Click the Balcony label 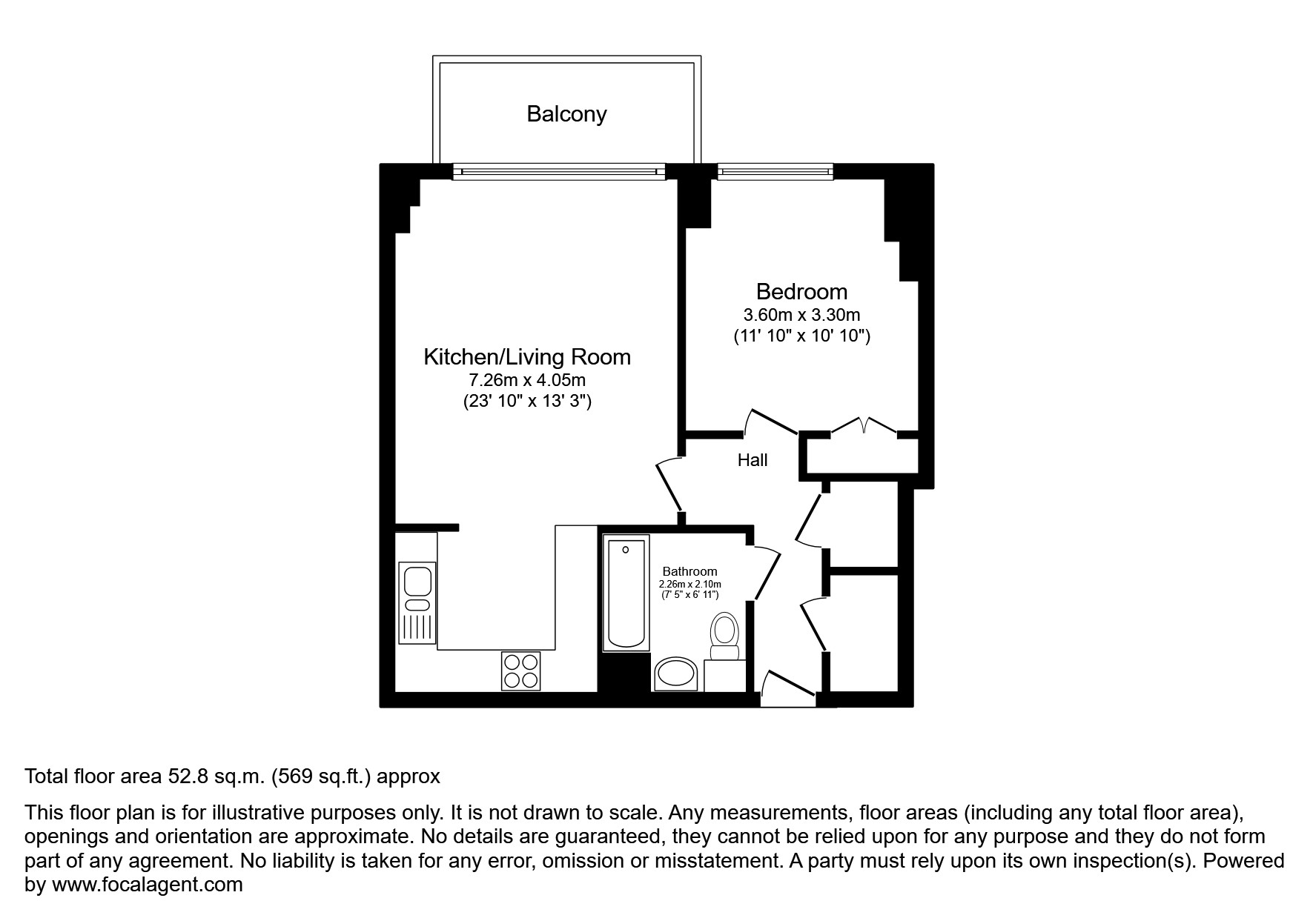pos(566,114)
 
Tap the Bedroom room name pos(801,291)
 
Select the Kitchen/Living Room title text pos(526,357)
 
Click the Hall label pos(752,460)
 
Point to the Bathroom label pos(689,571)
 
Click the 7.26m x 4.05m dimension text pos(526,381)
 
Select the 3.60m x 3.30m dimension pos(801,315)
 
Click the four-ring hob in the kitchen pos(520,671)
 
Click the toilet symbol pos(724,636)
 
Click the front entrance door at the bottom pos(788,688)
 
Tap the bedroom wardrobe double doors pos(864,428)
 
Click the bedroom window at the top pos(775,172)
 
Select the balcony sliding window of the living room pos(559,172)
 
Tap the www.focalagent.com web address pos(147,885)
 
